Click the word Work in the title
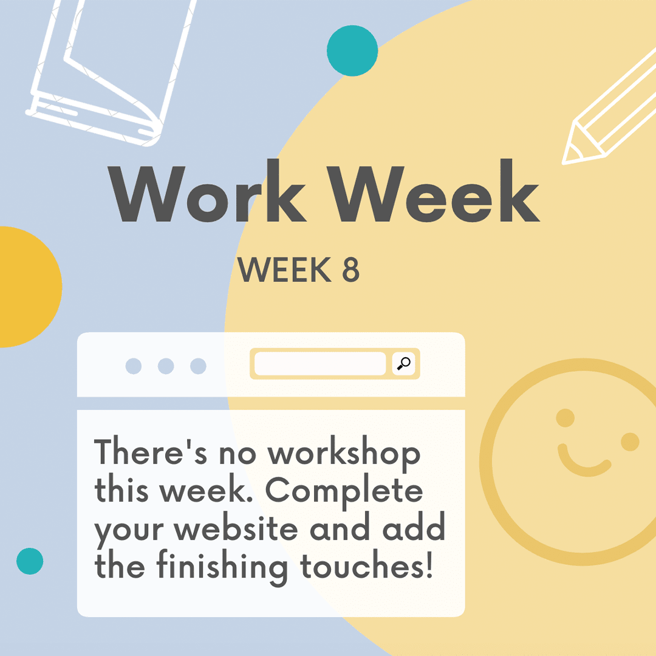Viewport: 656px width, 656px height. click(x=207, y=191)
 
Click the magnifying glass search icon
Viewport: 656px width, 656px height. click(x=403, y=364)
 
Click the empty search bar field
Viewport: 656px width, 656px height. click(x=319, y=364)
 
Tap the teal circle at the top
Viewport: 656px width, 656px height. click(x=352, y=50)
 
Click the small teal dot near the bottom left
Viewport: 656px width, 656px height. click(x=30, y=561)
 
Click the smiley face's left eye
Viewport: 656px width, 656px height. click(x=565, y=418)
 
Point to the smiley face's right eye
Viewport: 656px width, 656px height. click(x=630, y=442)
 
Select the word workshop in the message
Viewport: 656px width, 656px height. click(x=344, y=454)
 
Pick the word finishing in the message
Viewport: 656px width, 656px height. click(x=222, y=567)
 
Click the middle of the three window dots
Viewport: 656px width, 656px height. click(x=166, y=366)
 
